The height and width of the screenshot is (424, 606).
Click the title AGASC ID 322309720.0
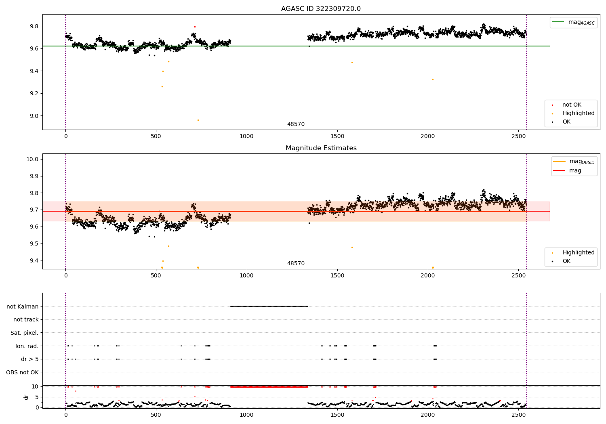click(x=321, y=8)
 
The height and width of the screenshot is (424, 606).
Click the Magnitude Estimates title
click(x=321, y=148)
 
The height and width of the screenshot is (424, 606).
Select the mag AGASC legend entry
click(x=573, y=22)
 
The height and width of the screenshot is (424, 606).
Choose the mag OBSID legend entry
click(x=574, y=162)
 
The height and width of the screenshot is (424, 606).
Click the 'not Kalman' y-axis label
click(x=23, y=306)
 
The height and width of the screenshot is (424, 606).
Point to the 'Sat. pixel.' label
click(x=24, y=333)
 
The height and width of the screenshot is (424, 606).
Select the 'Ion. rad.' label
click(x=27, y=346)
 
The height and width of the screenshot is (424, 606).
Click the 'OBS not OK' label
click(x=22, y=372)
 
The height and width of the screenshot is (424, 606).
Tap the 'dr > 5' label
click(x=30, y=359)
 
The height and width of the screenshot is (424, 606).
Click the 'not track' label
click(x=26, y=319)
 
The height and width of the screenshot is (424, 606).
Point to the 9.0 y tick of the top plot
click(x=34, y=116)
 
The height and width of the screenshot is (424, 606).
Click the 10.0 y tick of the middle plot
click(x=32, y=159)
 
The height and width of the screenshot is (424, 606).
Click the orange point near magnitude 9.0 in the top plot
click(x=198, y=120)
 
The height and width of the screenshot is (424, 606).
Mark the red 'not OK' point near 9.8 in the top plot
click(x=195, y=27)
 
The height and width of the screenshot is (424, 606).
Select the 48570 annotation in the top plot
click(x=296, y=124)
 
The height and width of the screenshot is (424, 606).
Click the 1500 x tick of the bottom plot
click(x=337, y=415)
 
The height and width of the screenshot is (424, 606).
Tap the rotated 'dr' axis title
click(x=26, y=397)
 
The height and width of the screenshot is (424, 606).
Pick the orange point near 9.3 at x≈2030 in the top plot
click(x=433, y=80)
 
